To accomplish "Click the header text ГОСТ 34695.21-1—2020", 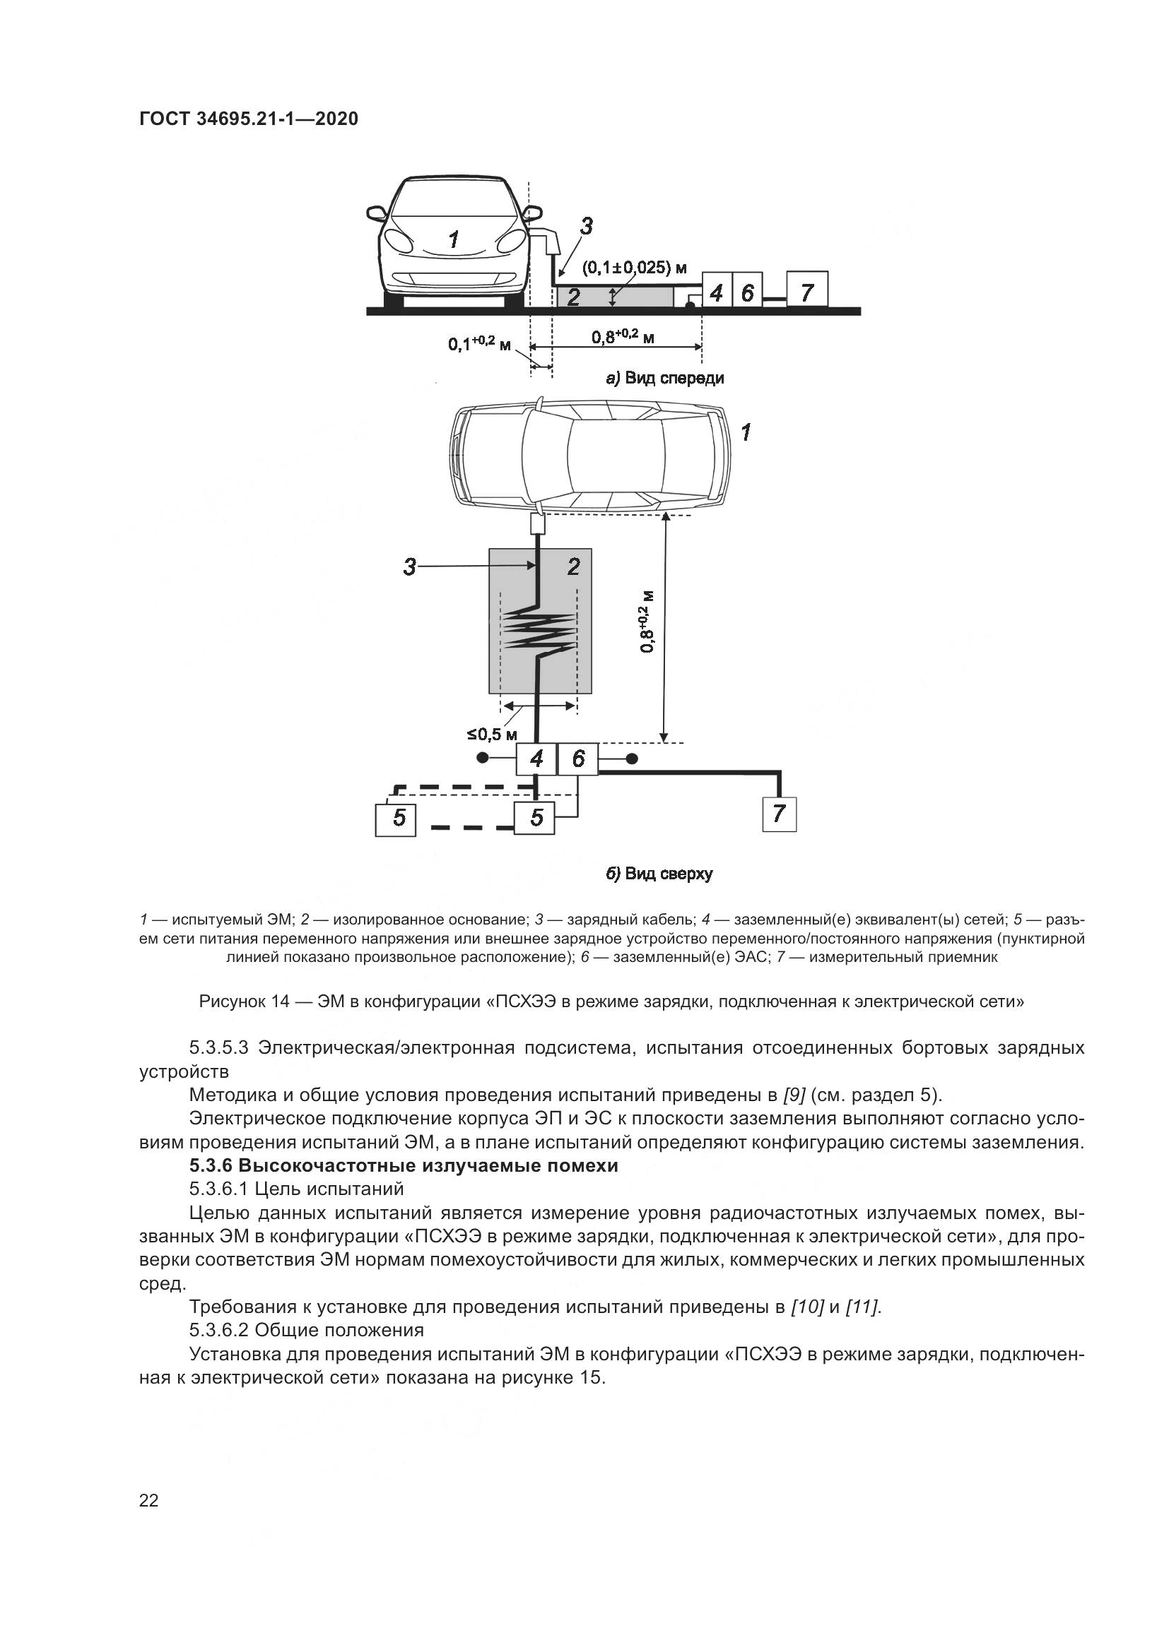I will click(248, 119).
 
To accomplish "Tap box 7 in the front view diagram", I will click(806, 292).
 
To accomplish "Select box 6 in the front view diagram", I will click(747, 292).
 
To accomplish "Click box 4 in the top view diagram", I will click(536, 759).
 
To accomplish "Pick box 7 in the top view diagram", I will click(779, 814).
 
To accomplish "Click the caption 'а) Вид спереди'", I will click(665, 378).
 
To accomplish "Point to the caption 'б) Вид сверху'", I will click(659, 874).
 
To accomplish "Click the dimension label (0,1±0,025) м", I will click(634, 268).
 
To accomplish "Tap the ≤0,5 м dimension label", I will click(493, 735).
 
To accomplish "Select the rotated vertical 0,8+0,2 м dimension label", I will click(647, 622).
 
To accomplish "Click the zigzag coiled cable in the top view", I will click(540, 629).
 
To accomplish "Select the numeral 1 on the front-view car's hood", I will click(454, 239).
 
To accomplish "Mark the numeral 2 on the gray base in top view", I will click(573, 567).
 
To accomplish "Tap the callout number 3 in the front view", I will click(587, 226).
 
